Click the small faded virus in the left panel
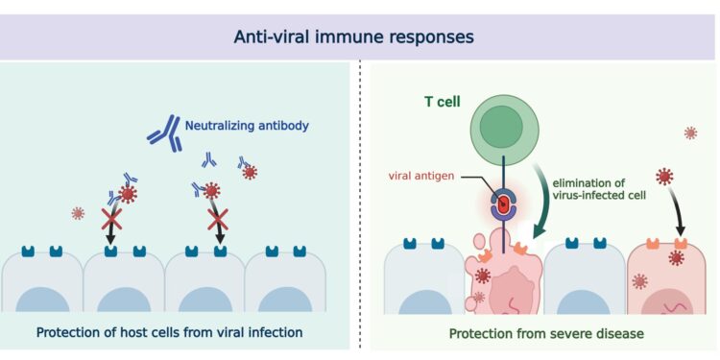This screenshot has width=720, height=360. (x=79, y=213)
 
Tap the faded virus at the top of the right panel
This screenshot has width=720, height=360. (x=690, y=132)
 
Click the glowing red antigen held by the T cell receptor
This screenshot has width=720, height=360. (x=501, y=204)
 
